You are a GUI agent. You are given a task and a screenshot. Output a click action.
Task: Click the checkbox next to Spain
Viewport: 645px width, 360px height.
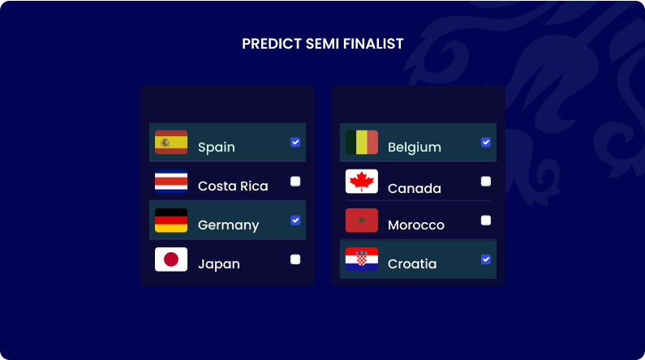pyautogui.click(x=295, y=142)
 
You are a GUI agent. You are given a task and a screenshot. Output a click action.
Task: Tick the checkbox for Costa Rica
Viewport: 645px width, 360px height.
pyautogui.click(x=295, y=182)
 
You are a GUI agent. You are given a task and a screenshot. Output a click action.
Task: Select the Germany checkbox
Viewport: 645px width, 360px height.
pyautogui.click(x=295, y=220)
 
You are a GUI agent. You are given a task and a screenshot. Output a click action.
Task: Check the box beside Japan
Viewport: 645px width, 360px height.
pyautogui.click(x=295, y=259)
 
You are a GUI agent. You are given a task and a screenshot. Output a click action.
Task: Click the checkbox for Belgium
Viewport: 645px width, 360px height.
pyautogui.click(x=486, y=142)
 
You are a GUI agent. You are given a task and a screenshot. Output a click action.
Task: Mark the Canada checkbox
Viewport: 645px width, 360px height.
pyautogui.click(x=486, y=182)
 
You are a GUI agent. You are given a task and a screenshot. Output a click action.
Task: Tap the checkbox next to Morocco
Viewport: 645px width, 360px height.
pyautogui.click(x=486, y=220)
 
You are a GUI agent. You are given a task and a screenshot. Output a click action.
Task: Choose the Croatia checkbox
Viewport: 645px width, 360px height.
pyautogui.click(x=486, y=259)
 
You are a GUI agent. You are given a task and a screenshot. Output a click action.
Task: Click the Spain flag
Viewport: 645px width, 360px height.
pyautogui.click(x=171, y=143)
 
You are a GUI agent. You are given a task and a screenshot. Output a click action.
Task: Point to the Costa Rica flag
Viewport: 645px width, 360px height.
pyautogui.click(x=171, y=182)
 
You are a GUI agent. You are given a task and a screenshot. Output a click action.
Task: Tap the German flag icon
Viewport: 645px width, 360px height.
pyautogui.click(x=171, y=221)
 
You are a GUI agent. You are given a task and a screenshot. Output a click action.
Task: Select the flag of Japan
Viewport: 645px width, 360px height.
pyautogui.click(x=171, y=259)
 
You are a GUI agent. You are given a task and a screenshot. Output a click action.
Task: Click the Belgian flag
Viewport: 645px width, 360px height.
pyautogui.click(x=362, y=143)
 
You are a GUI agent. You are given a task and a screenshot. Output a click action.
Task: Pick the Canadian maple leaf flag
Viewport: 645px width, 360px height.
pyautogui.click(x=362, y=182)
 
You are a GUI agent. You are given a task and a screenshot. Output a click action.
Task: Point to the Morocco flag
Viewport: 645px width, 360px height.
pyautogui.click(x=362, y=221)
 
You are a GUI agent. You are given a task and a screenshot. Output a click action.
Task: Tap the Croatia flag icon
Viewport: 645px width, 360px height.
pyautogui.click(x=362, y=259)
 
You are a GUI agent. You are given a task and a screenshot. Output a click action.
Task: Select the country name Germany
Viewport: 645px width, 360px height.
pyautogui.click(x=228, y=225)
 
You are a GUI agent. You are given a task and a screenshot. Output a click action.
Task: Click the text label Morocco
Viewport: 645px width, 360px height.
pyautogui.click(x=416, y=225)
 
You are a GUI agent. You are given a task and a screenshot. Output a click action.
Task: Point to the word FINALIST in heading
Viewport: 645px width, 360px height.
pyautogui.click(x=373, y=44)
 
